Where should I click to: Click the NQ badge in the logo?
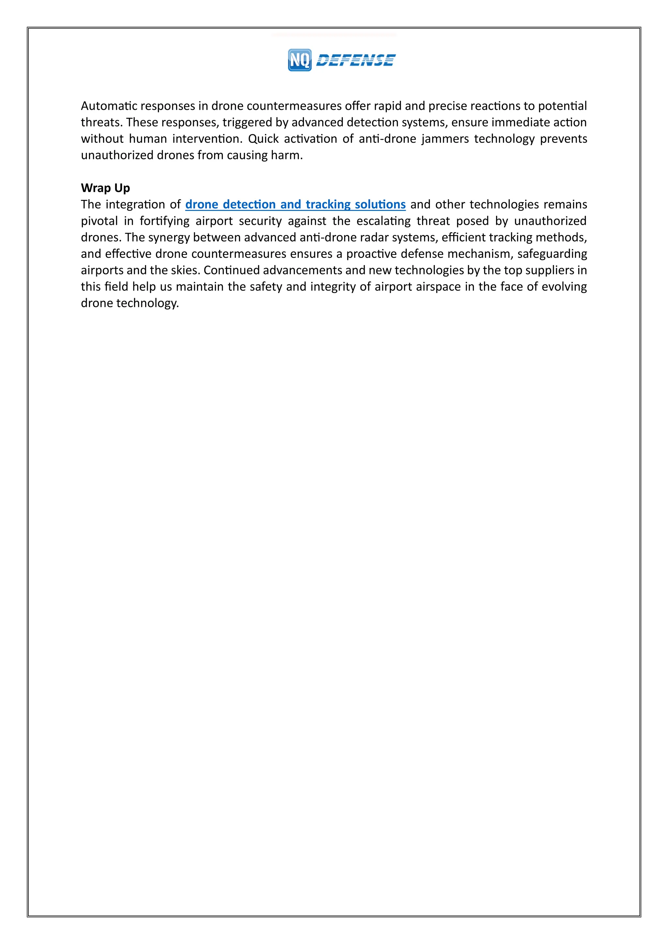click(299, 60)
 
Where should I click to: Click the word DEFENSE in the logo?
click(356, 60)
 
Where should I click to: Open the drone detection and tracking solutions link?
click(295, 204)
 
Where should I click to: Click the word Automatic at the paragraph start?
click(109, 106)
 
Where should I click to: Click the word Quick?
click(263, 139)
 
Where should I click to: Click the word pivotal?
click(99, 221)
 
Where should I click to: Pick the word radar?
click(371, 238)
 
